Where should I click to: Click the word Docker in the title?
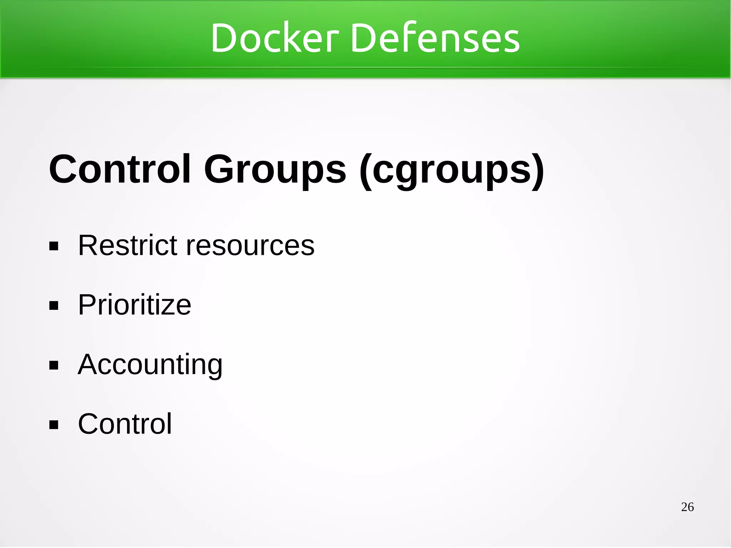click(274, 38)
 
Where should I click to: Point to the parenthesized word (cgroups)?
click(452, 170)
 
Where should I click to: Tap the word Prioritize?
click(135, 305)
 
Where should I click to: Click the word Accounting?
click(150, 365)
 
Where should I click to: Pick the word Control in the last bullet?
click(125, 424)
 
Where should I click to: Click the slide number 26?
click(687, 507)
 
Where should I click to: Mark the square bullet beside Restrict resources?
click(54, 246)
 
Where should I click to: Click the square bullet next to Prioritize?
click(54, 306)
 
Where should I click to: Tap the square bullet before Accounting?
click(54, 366)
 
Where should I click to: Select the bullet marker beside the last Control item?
click(54, 425)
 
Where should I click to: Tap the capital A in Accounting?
click(88, 364)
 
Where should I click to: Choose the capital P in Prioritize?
click(88, 305)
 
